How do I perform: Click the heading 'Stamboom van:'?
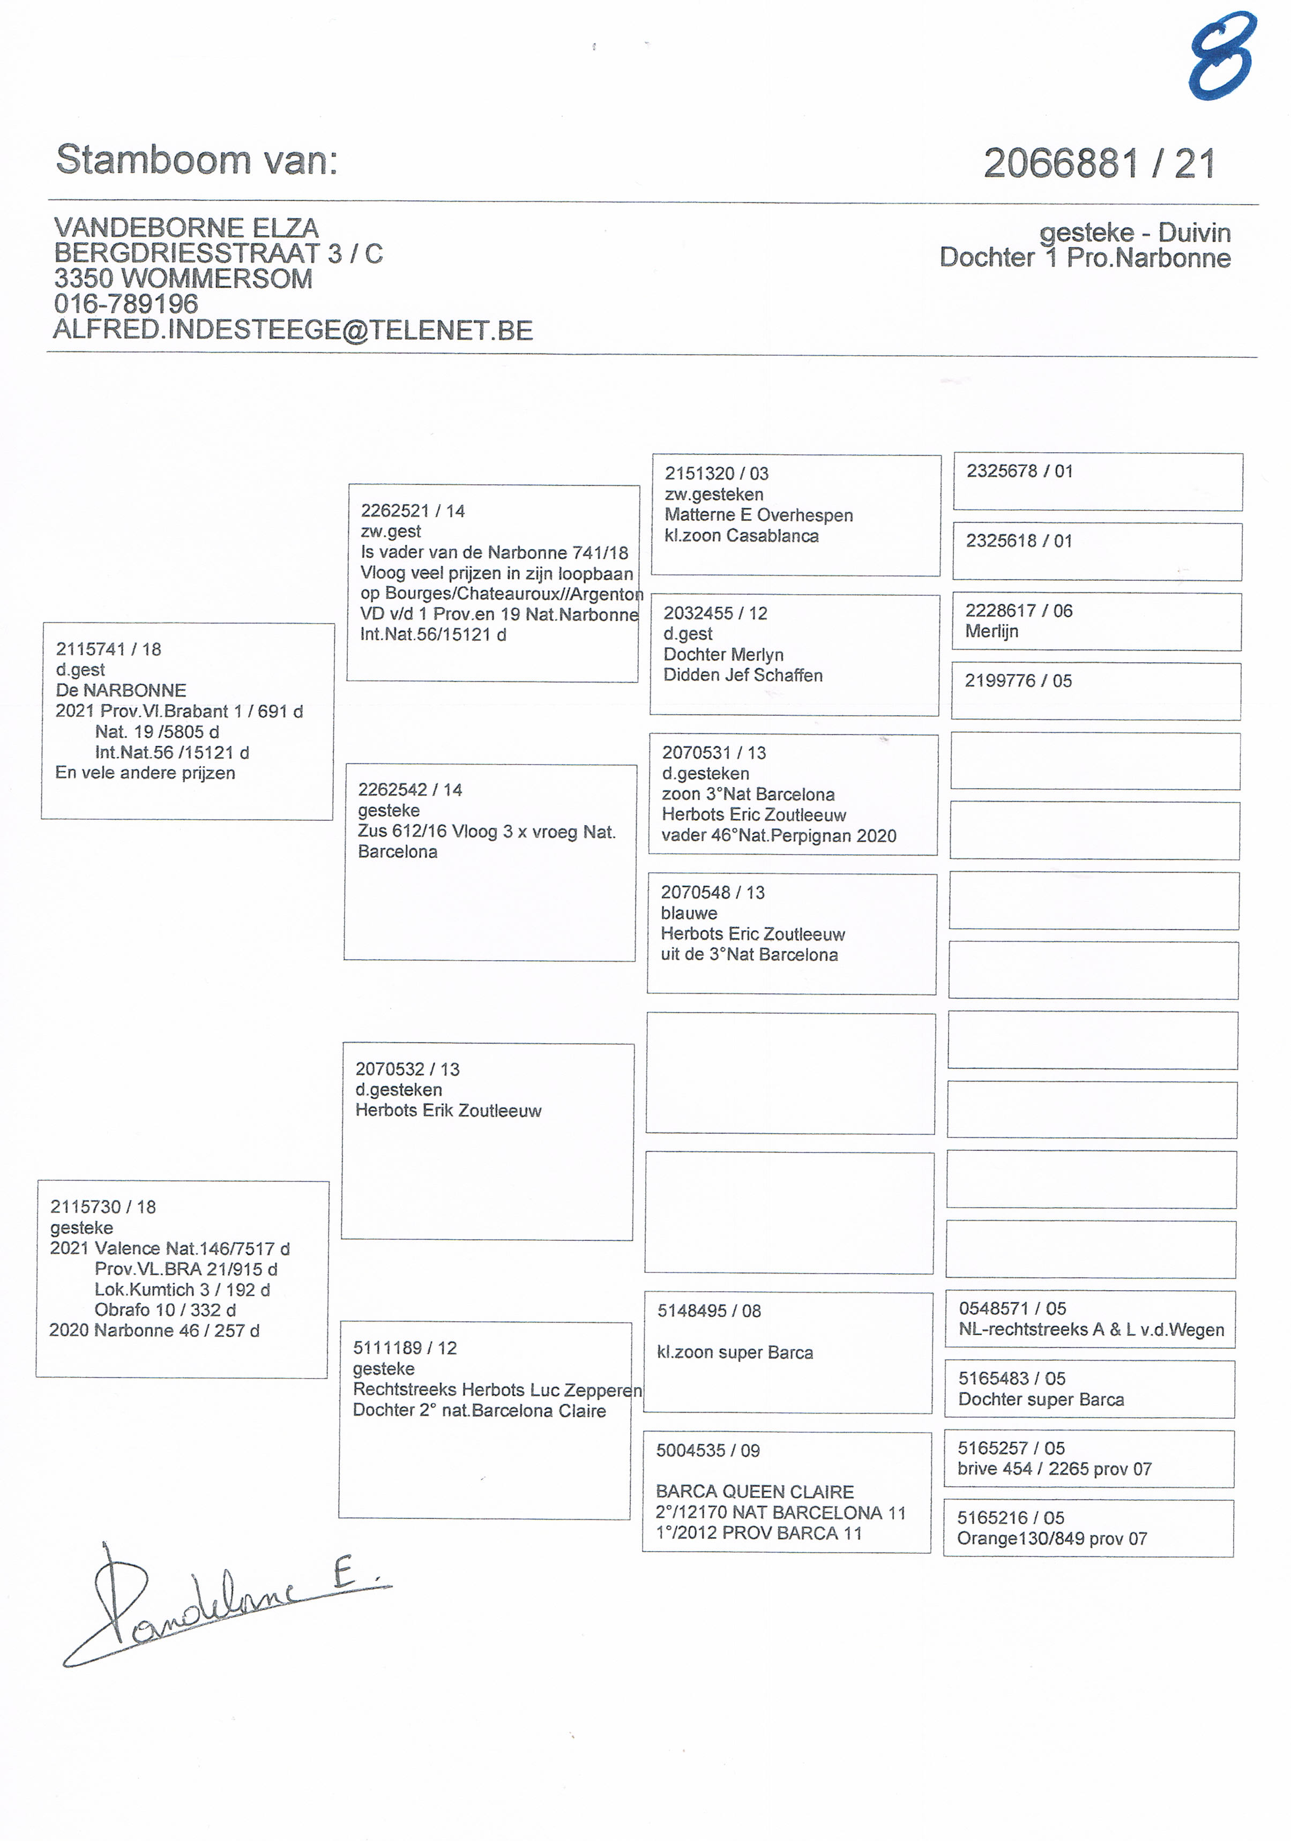click(x=197, y=160)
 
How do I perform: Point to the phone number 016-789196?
click(x=126, y=304)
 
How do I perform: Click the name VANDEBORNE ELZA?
click(x=186, y=228)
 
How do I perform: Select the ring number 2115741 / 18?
click(x=108, y=649)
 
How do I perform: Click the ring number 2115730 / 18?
click(x=103, y=1207)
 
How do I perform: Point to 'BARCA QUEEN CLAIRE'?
click(x=755, y=1492)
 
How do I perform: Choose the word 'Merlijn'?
click(x=992, y=631)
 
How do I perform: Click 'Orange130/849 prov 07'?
click(x=1052, y=1539)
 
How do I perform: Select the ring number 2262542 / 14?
click(x=410, y=790)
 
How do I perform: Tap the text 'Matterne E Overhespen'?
click(x=758, y=515)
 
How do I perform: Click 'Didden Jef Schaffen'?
click(x=743, y=675)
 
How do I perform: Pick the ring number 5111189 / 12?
click(x=405, y=1348)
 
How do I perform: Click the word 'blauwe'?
click(x=689, y=914)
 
